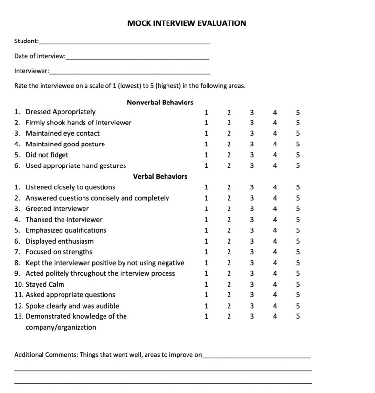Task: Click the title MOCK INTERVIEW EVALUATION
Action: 187,23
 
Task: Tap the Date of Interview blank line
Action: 138,58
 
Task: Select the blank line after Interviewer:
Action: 130,73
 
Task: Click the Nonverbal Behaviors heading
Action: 160,103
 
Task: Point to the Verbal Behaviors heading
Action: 160,176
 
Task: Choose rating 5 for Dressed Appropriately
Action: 298,112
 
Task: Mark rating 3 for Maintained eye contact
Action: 252,133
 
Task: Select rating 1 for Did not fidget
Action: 206,155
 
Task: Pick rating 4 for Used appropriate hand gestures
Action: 275,165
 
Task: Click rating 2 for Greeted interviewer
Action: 229,209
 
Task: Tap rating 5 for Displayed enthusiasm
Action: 298,241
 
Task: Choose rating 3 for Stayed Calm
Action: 252,284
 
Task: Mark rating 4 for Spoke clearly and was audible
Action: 275,306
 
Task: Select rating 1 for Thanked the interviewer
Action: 206,220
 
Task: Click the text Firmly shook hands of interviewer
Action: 78,123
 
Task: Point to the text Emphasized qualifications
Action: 66,230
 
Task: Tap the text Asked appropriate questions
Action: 70,295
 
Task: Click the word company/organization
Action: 61,327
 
